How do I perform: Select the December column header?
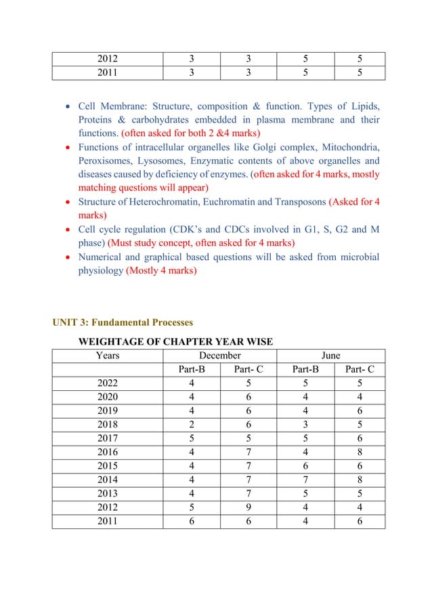[x=219, y=356]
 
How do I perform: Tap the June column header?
[x=330, y=356]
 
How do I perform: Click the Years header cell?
[x=108, y=356]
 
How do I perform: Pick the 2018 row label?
[x=108, y=424]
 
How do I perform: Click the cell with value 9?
[x=247, y=507]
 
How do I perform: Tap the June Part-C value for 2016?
[x=358, y=452]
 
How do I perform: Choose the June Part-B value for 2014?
[x=303, y=480]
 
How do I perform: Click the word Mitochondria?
[x=349, y=148]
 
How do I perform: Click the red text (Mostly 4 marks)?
[x=161, y=271]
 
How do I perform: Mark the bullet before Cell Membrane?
[x=68, y=107]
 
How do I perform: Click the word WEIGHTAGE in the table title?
[x=112, y=341]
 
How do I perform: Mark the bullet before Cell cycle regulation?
[x=68, y=230]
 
